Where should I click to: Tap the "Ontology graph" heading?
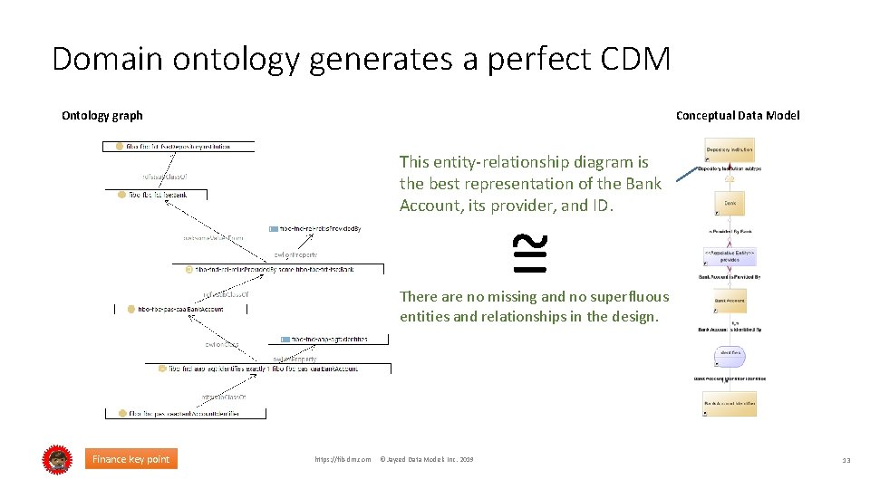click(101, 115)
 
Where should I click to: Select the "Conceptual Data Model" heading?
click(738, 115)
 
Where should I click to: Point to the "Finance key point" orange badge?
click(130, 459)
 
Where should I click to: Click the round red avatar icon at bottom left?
click(57, 459)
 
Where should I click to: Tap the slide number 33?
click(846, 460)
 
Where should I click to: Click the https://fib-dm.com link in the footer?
click(343, 460)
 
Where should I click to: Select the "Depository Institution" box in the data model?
click(730, 151)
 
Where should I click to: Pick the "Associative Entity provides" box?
click(730, 255)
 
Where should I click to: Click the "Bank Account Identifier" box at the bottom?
click(730, 404)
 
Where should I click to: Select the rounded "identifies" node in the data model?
click(730, 353)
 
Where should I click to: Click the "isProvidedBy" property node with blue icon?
click(316, 229)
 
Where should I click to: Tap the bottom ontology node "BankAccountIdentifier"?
click(185, 414)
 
